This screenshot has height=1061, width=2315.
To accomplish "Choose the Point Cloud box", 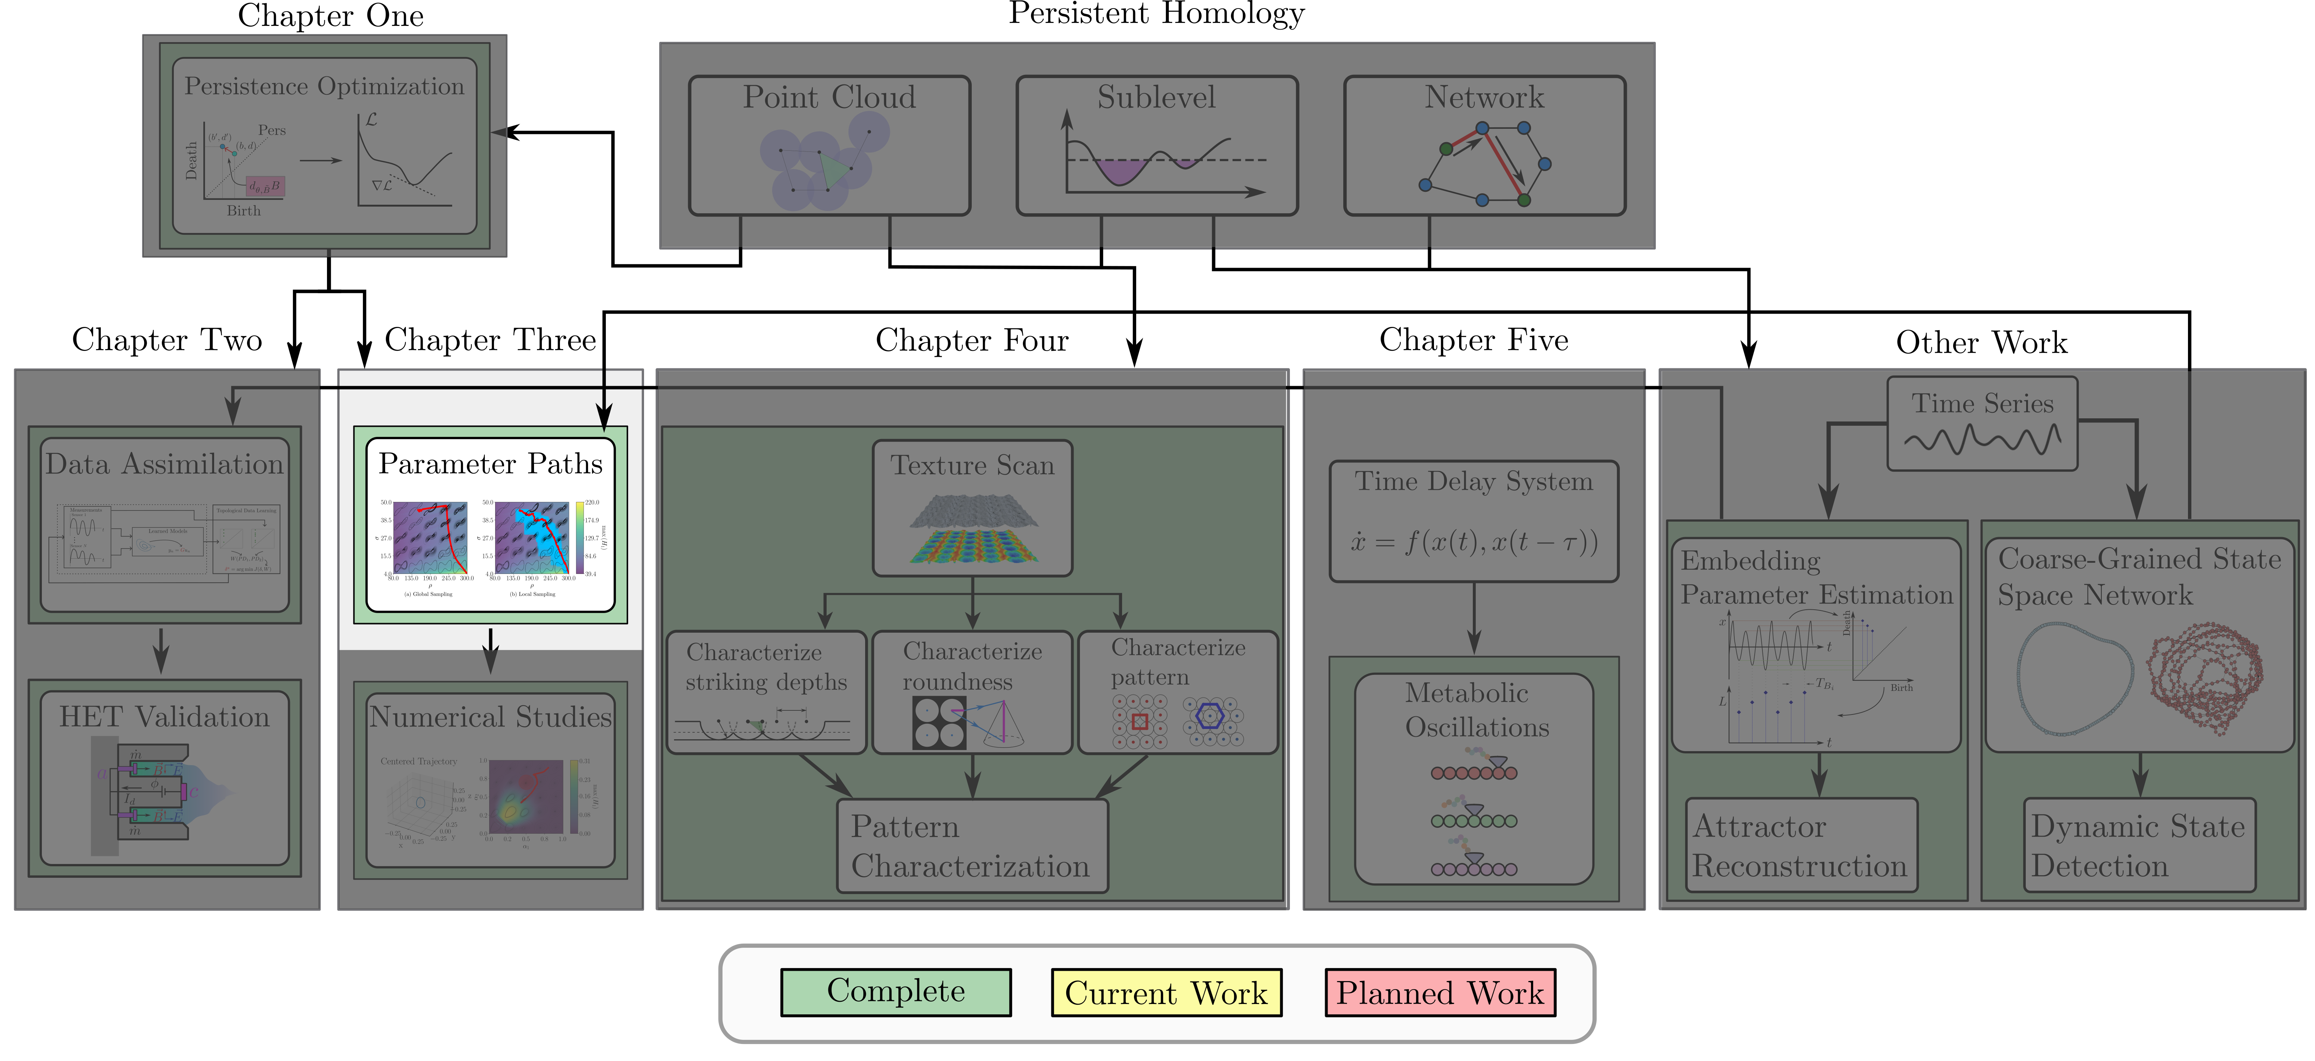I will tap(828, 145).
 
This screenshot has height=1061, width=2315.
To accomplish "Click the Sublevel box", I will tap(1157, 145).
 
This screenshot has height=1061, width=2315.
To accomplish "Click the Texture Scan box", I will tap(973, 508).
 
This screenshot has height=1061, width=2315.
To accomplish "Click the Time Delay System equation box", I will tap(1474, 521).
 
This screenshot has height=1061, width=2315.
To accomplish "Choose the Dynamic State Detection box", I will tap(2139, 846).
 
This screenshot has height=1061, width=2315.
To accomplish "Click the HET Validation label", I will tap(164, 717).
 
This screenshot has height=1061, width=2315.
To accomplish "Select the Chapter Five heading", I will tap(1474, 339).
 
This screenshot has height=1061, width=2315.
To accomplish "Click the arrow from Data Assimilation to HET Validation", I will tap(161, 650).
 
